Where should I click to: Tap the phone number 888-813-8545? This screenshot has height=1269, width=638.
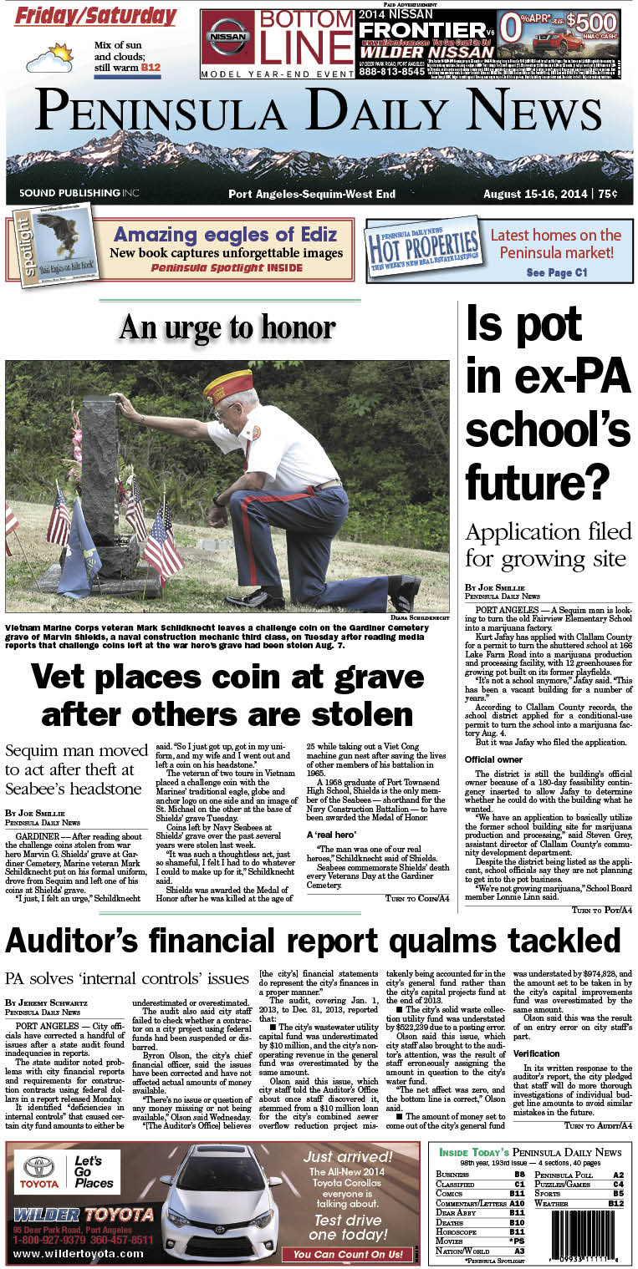point(391,72)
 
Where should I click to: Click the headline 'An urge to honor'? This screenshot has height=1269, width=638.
point(227,327)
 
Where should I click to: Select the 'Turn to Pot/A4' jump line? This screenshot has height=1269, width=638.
point(601,909)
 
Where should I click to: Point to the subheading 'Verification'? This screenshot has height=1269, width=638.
point(537,1053)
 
